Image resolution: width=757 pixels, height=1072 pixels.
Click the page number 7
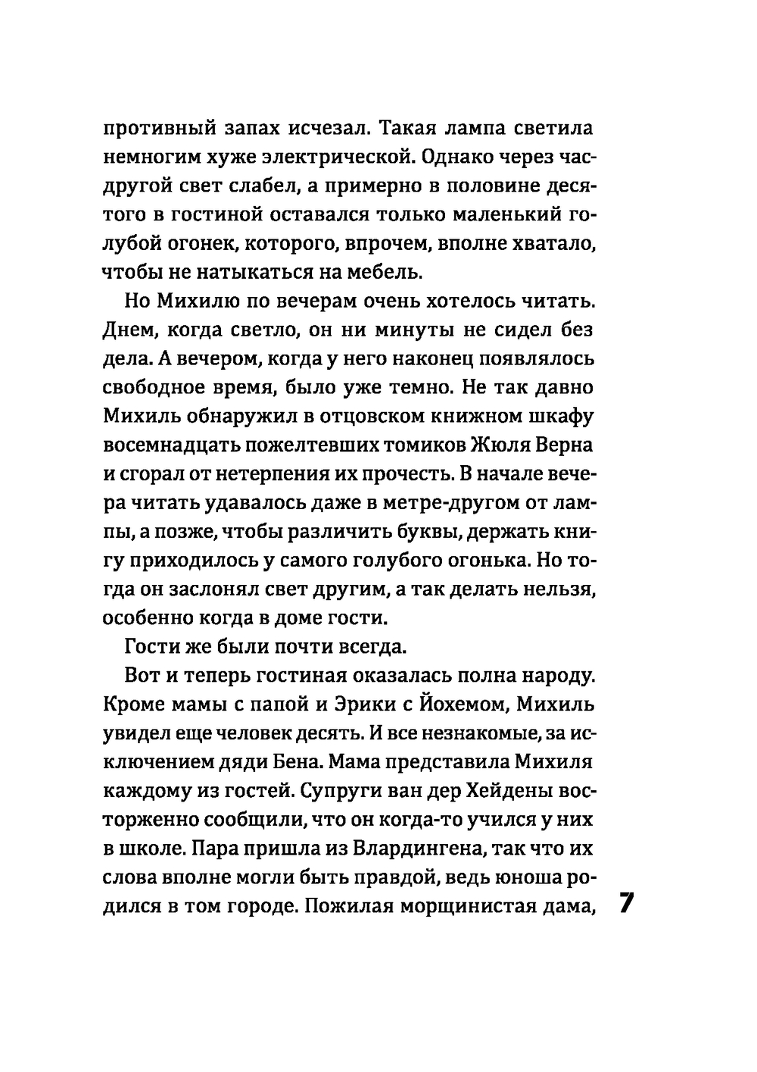tap(628, 905)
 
